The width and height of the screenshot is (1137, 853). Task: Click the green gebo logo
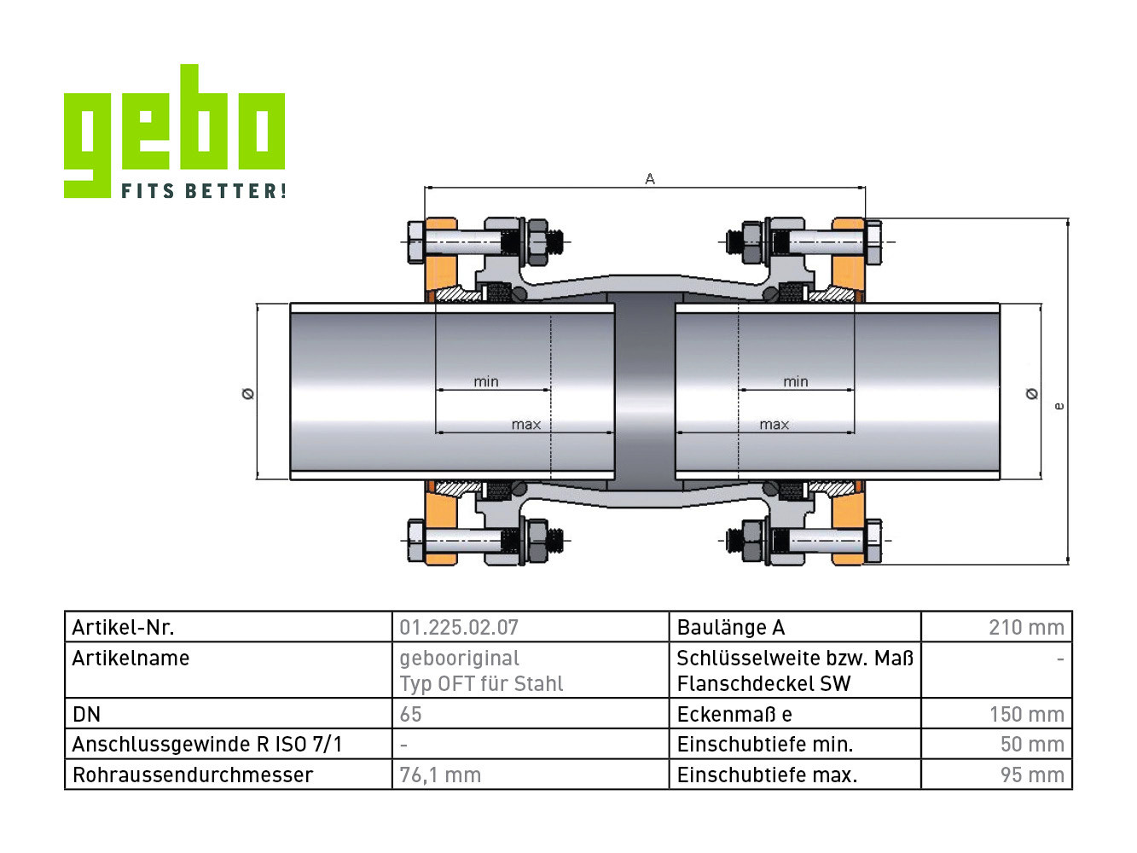174,131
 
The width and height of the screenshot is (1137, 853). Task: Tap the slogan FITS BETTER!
204,190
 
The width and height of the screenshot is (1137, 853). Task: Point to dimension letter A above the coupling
650,178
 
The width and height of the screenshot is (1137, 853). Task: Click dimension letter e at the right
1059,406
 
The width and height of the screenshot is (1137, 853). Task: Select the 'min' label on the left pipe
486,381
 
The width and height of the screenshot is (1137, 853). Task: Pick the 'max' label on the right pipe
774,425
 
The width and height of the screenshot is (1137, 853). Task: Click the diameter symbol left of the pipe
248,394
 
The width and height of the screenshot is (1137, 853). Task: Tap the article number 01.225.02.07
458,628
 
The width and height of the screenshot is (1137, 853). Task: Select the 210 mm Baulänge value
1026,628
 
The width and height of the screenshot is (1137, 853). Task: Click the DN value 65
411,715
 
